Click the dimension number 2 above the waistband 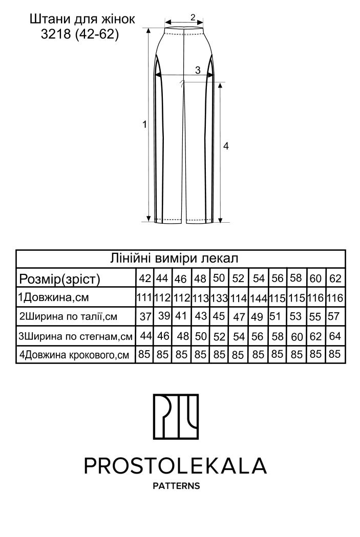click(x=193, y=17)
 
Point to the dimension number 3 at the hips click(x=198, y=71)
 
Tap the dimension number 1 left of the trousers click(x=145, y=124)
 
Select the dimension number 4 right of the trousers click(x=226, y=146)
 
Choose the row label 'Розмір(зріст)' click(x=59, y=279)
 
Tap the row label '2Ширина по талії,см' click(x=68, y=316)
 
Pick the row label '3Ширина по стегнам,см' click(x=75, y=336)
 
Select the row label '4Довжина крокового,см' click(x=73, y=354)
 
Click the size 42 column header click(x=145, y=278)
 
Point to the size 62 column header click(x=335, y=279)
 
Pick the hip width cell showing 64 click(x=335, y=336)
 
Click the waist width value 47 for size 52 click(x=239, y=317)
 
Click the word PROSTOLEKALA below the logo click(x=176, y=465)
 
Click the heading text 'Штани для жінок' click(x=82, y=19)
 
